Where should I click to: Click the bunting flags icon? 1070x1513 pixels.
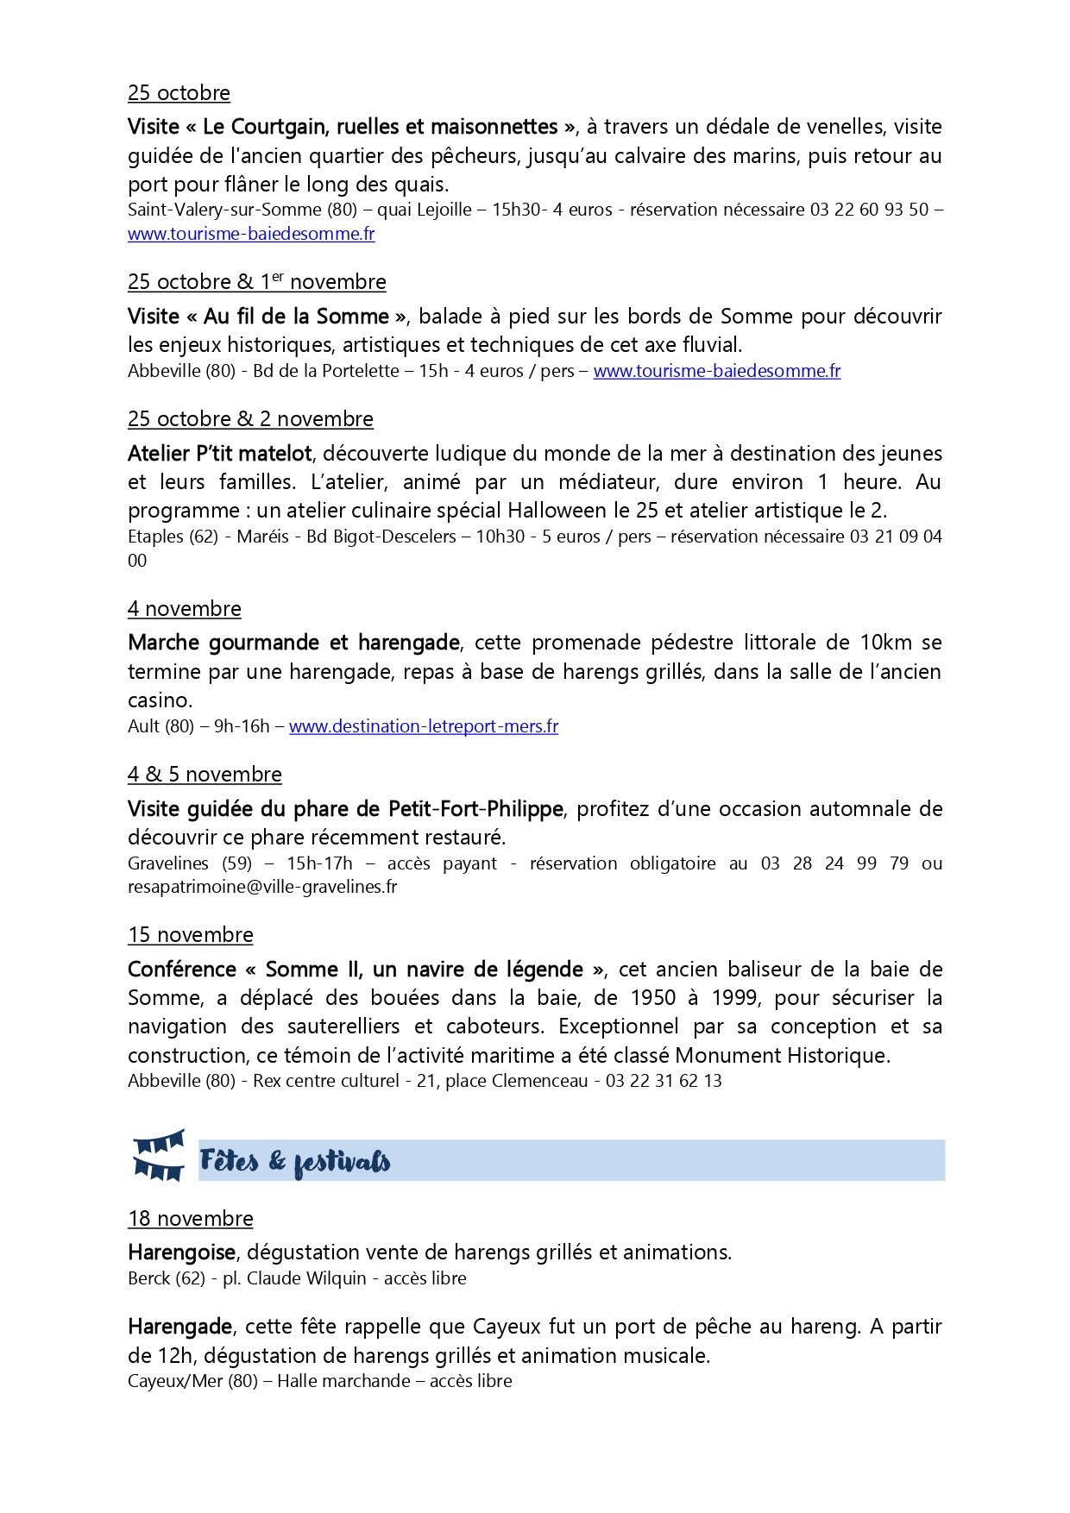click(x=159, y=1155)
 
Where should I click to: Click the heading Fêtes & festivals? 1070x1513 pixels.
click(x=294, y=1161)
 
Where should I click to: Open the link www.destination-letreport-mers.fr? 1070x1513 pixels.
click(x=423, y=726)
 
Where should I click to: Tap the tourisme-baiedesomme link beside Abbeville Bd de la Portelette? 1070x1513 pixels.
click(x=716, y=371)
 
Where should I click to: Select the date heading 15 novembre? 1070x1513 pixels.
click(x=191, y=935)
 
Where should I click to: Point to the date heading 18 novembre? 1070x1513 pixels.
click(x=191, y=1219)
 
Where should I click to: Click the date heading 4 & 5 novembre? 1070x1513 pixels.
click(x=205, y=775)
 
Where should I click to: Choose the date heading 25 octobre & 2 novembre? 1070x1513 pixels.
click(x=250, y=419)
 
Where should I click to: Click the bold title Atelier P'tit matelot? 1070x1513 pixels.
click(x=220, y=454)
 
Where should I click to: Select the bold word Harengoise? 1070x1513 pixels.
click(x=182, y=1252)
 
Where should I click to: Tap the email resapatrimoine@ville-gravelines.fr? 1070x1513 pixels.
click(x=262, y=887)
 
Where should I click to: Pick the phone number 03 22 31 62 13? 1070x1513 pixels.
click(x=664, y=1081)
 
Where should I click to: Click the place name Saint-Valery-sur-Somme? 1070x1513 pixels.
click(x=224, y=210)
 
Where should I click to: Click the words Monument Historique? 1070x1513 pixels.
click(x=781, y=1056)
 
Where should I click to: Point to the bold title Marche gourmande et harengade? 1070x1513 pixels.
click(x=293, y=643)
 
